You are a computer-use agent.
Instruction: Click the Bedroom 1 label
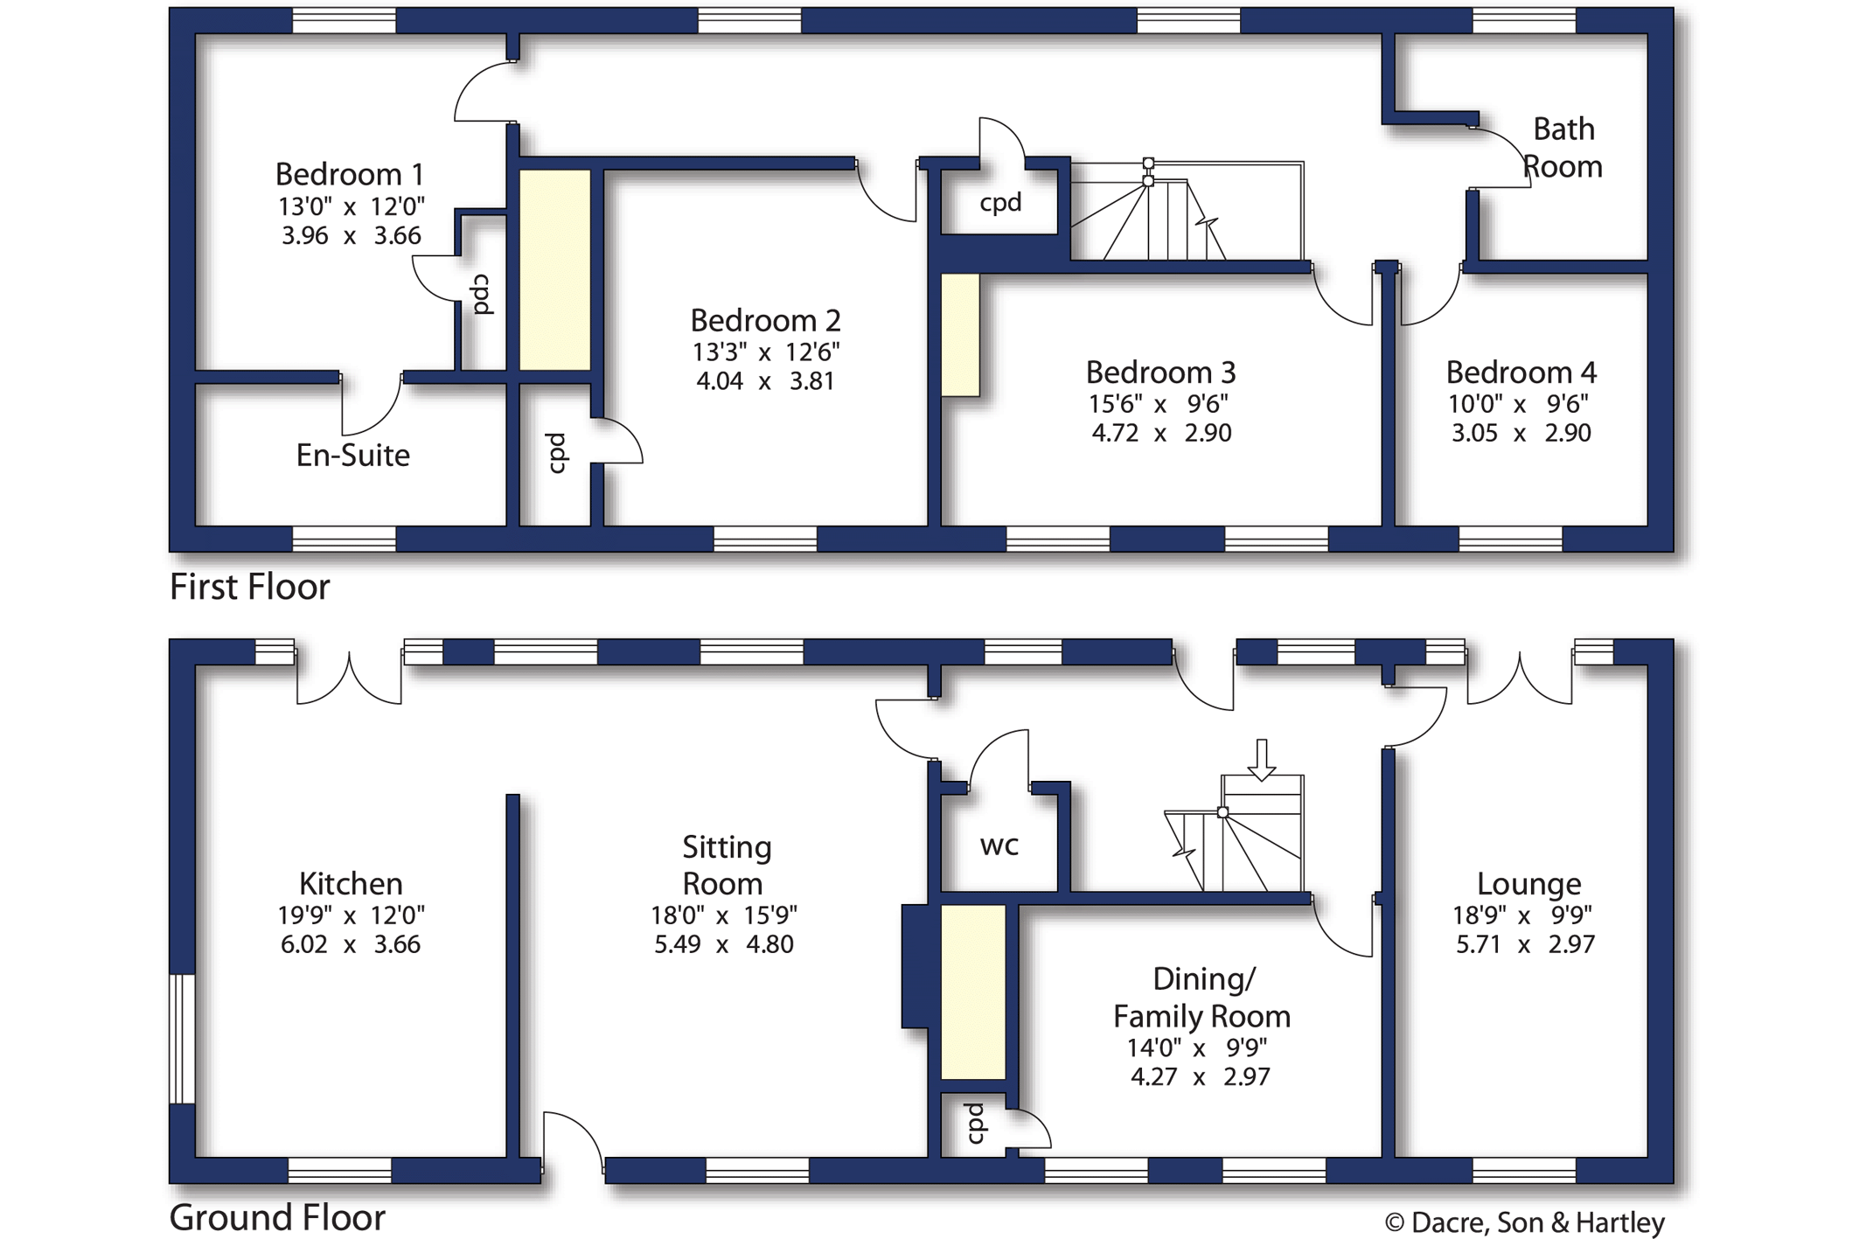pos(350,174)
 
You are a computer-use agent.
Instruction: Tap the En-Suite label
pos(353,455)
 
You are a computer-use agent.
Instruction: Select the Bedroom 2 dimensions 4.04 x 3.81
pos(765,381)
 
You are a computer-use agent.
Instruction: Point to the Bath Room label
pos(1563,148)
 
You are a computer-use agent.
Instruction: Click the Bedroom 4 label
pos(1521,372)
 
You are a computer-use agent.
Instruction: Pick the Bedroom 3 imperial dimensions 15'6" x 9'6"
pos(1159,404)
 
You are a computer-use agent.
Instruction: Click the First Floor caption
pos(249,587)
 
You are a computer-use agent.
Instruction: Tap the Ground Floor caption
pos(277,1217)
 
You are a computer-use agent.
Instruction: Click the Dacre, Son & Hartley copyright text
pos(1525,1222)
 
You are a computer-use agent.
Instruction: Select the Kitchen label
pos(351,883)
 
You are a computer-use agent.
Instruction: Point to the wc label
pos(999,846)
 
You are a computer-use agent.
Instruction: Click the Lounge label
pos(1529,883)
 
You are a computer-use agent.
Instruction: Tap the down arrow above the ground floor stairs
pos(1261,759)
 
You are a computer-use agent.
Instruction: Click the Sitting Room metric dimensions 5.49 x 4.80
pos(724,944)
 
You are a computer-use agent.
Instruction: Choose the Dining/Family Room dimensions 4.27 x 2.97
pos(1201,1076)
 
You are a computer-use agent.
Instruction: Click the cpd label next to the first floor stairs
pos(1000,203)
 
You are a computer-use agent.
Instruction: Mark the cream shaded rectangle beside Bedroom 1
pos(555,270)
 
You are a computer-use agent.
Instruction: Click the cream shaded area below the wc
pos(973,992)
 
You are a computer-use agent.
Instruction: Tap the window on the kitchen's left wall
pos(182,1039)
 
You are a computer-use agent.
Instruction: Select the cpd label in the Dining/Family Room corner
pos(975,1123)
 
